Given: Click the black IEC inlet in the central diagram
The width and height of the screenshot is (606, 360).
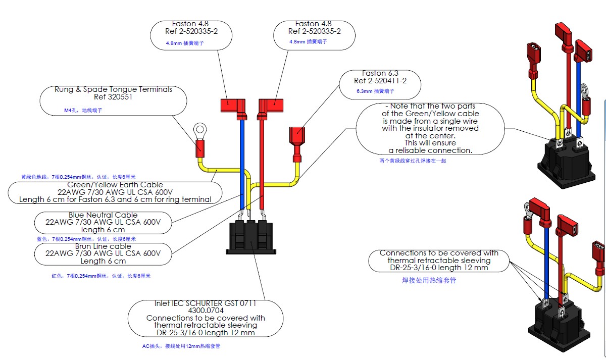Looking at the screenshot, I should coord(251,236).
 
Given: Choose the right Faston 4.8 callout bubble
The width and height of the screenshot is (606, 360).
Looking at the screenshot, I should coord(314,34).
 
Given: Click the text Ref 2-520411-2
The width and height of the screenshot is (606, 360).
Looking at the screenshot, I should coord(380,81).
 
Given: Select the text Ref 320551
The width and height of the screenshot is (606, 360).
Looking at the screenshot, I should coord(113,97).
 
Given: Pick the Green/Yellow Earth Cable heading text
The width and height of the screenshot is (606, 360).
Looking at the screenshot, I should coord(116,185).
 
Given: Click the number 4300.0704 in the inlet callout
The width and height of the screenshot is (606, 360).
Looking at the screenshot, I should coord(205,311).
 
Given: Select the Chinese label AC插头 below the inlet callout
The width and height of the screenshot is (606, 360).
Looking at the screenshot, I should coord(151,346).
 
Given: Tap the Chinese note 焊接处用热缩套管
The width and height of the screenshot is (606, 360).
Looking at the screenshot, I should coord(429,280).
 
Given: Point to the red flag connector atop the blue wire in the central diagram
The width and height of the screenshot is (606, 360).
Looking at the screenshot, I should coord(233,107).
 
